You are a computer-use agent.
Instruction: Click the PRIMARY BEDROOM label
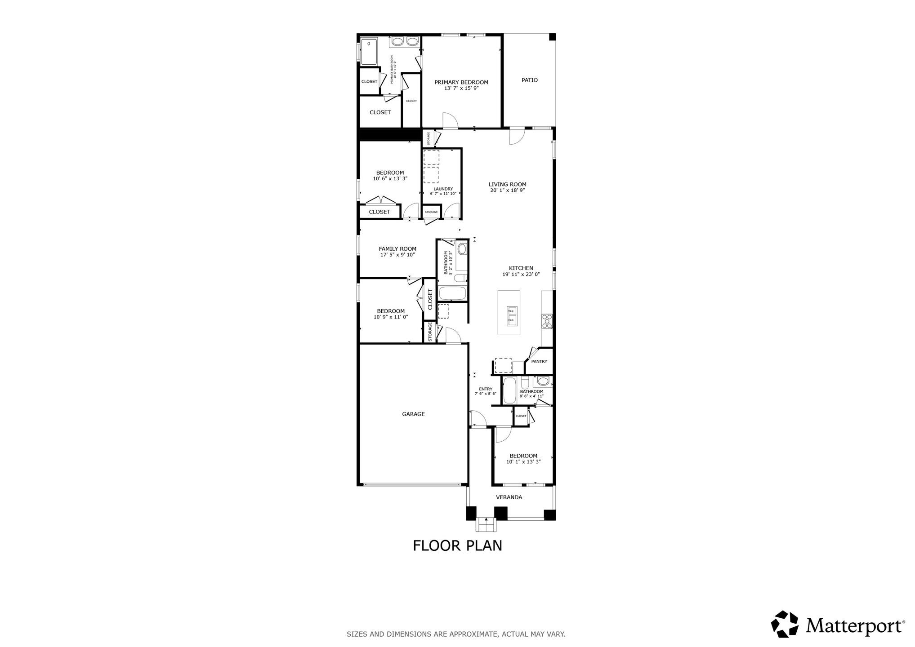pyautogui.click(x=461, y=82)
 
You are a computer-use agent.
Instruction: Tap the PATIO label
pyautogui.click(x=529, y=80)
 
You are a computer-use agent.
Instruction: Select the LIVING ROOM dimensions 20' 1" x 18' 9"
pyautogui.click(x=507, y=190)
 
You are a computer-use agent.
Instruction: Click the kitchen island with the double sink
pyautogui.click(x=509, y=313)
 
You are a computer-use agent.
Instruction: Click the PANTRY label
pyautogui.click(x=539, y=361)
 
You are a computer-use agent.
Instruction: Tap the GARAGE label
pyautogui.click(x=413, y=414)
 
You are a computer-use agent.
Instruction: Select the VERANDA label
pyautogui.click(x=509, y=497)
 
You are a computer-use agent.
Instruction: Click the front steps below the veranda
pyautogui.click(x=486, y=525)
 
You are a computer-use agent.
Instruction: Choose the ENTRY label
pyautogui.click(x=485, y=389)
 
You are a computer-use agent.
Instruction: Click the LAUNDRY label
pyautogui.click(x=443, y=189)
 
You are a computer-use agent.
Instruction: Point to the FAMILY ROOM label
pyautogui.click(x=397, y=248)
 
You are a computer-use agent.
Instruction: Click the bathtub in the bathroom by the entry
pyautogui.click(x=509, y=390)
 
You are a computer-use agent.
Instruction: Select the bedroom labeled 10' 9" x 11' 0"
pyautogui.click(x=390, y=314)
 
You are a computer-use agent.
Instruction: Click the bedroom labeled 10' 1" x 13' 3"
pyautogui.click(x=523, y=458)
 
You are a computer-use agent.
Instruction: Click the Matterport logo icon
pyautogui.click(x=785, y=624)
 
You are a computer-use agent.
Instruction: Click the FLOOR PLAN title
pyautogui.click(x=457, y=545)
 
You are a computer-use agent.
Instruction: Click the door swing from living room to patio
pyautogui.click(x=517, y=137)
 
